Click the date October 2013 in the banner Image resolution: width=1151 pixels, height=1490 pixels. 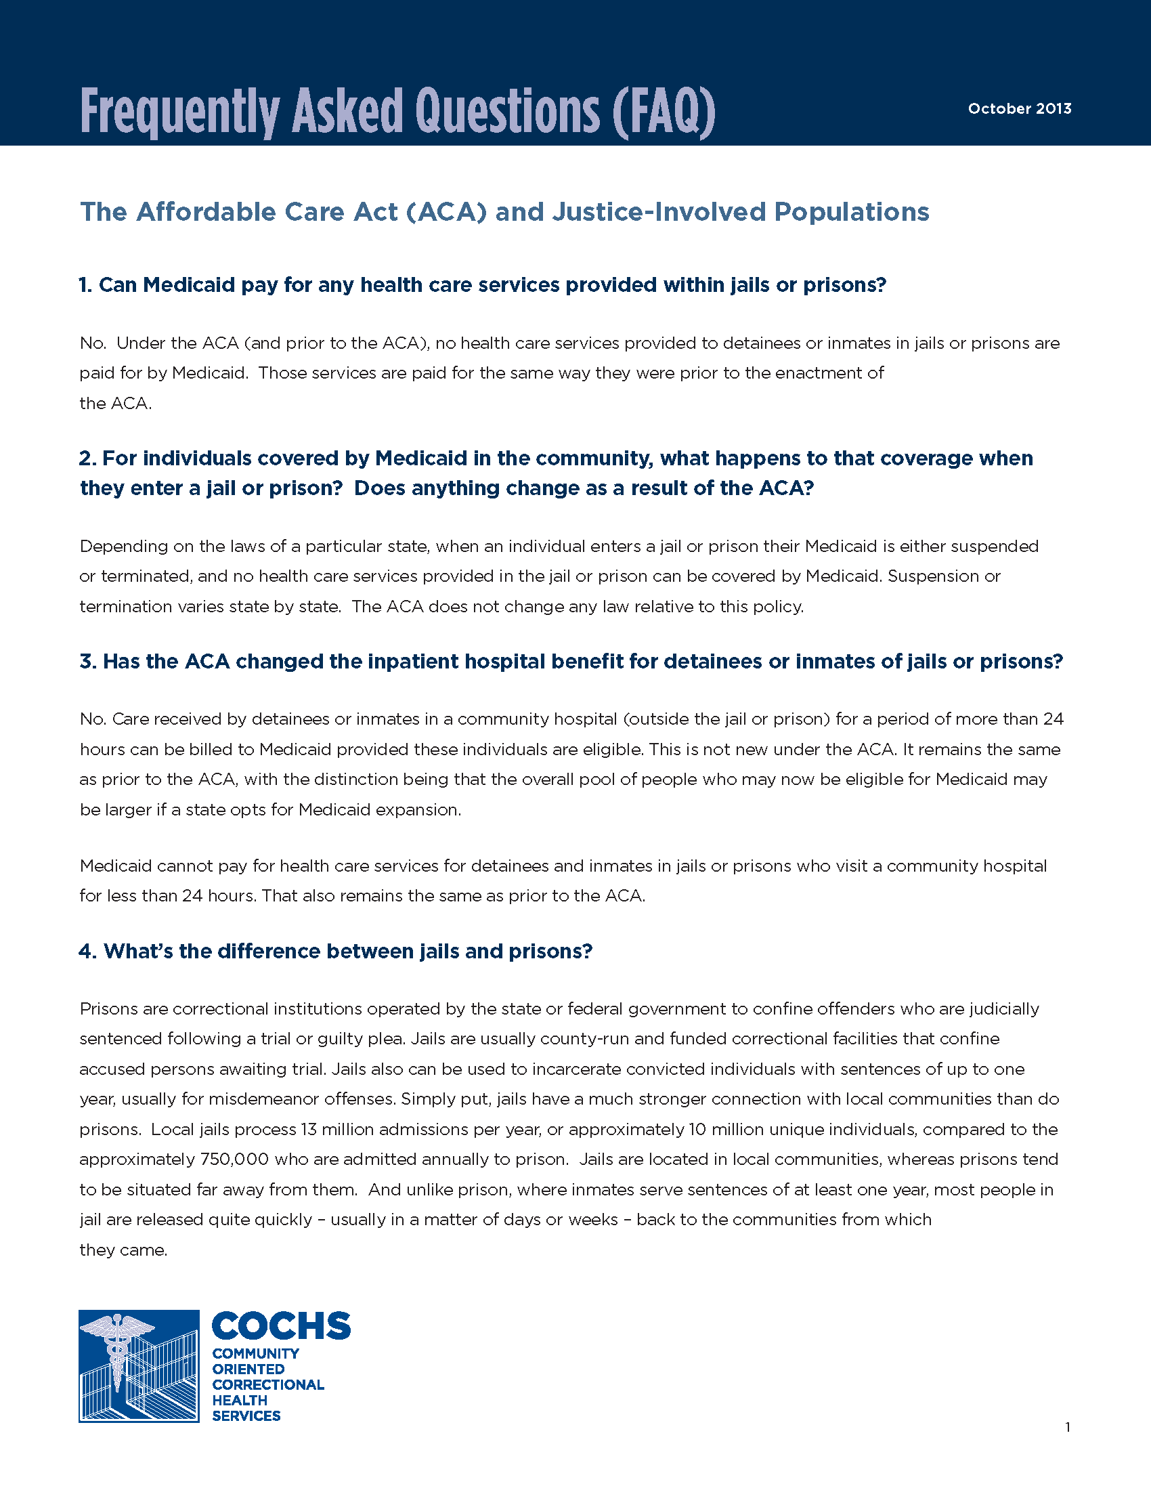(x=1020, y=108)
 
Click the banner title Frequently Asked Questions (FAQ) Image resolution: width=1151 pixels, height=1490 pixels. (x=397, y=110)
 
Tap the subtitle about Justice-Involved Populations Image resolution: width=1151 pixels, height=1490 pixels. (x=504, y=212)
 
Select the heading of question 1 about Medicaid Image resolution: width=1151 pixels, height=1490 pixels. (x=482, y=284)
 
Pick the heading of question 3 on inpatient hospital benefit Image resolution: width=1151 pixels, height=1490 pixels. (x=571, y=661)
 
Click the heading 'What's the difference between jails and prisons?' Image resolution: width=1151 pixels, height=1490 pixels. (x=335, y=951)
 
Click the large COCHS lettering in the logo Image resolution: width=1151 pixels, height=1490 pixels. (x=281, y=1326)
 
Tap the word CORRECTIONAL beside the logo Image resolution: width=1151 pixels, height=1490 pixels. (x=268, y=1384)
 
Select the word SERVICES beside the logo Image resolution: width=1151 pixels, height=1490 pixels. (x=246, y=1415)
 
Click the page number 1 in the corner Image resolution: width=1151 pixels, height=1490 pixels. (x=1067, y=1427)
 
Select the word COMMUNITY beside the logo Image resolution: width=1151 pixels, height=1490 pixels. (x=256, y=1354)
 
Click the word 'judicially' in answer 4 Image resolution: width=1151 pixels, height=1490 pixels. (x=1003, y=1008)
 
